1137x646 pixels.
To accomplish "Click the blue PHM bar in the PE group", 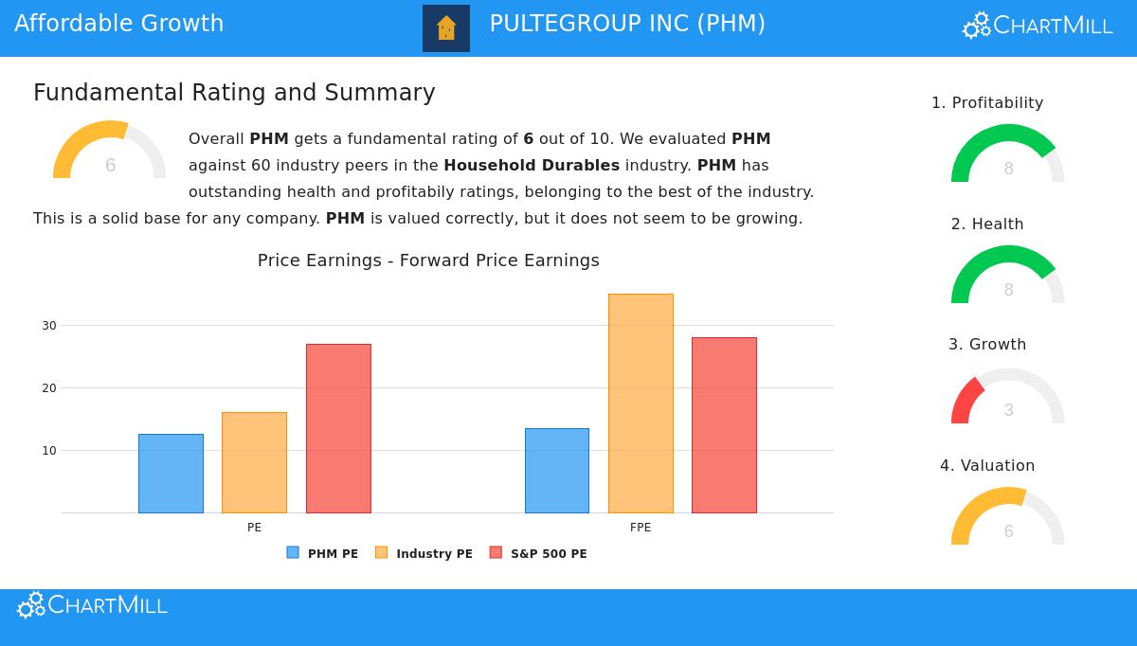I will [171, 474].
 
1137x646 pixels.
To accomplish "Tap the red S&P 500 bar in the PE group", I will [338, 428].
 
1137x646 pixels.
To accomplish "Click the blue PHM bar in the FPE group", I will [557, 471].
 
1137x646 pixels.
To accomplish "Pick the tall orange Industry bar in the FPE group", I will [641, 404].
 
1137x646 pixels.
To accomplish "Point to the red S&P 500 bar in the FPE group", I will [724, 425].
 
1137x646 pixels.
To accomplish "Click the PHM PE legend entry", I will [323, 553].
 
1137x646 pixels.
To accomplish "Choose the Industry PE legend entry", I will [424, 553].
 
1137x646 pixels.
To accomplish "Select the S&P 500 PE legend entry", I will [538, 553].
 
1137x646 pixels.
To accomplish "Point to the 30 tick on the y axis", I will [49, 325].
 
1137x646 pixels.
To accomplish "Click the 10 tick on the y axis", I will [49, 450].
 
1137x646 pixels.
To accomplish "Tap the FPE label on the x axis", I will [641, 528].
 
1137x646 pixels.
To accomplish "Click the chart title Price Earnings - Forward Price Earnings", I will [428, 260].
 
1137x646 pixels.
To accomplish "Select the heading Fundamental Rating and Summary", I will [234, 93].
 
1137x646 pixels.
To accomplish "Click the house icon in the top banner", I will [446, 28].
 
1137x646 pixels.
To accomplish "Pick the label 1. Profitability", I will [987, 102].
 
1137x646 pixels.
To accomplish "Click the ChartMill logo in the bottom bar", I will [92, 605].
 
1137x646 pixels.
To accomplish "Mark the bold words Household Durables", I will [532, 165].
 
